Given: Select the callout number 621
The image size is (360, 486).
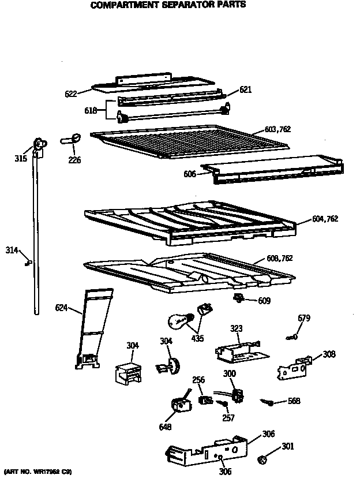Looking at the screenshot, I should pyautogui.click(x=246, y=89).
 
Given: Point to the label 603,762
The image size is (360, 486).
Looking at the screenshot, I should pyautogui.click(x=277, y=129).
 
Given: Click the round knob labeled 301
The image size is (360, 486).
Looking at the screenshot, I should pyautogui.click(x=262, y=460).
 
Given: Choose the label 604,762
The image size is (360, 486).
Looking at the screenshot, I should pyautogui.click(x=325, y=219).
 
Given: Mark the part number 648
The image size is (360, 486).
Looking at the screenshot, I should pyautogui.click(x=165, y=428).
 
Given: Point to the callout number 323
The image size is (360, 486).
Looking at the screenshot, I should pyautogui.click(x=236, y=328).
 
